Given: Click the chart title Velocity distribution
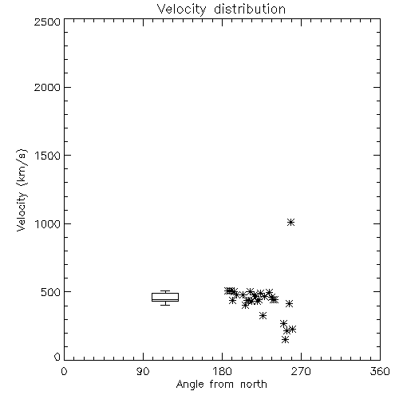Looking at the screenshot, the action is coord(221,10).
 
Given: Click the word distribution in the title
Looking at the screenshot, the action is coord(250,10).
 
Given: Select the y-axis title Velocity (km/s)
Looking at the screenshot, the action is coord(22,190).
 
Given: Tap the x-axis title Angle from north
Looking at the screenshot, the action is coord(221,384).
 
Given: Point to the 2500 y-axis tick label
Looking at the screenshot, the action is coord(47,22).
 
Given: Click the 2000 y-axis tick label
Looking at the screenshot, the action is coord(47,87).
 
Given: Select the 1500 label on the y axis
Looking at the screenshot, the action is coord(48,156).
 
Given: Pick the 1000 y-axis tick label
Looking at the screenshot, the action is coord(48,223).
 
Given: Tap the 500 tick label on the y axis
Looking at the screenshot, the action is coord(51,292).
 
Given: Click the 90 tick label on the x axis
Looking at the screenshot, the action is coord(143,371).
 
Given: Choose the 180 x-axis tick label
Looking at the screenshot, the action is coord(222,371).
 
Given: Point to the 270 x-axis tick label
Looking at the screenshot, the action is coord(301,371).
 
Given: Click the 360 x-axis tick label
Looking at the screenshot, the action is coord(380,371).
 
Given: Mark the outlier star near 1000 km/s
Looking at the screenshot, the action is coord(290,223).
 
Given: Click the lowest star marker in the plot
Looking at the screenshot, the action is coord(285,339).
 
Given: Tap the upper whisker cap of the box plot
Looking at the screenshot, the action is coord(165,291).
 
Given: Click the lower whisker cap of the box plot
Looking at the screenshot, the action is coord(165,305).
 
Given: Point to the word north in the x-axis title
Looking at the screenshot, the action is coord(254,384).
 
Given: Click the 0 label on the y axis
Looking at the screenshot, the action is coord(57,357).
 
